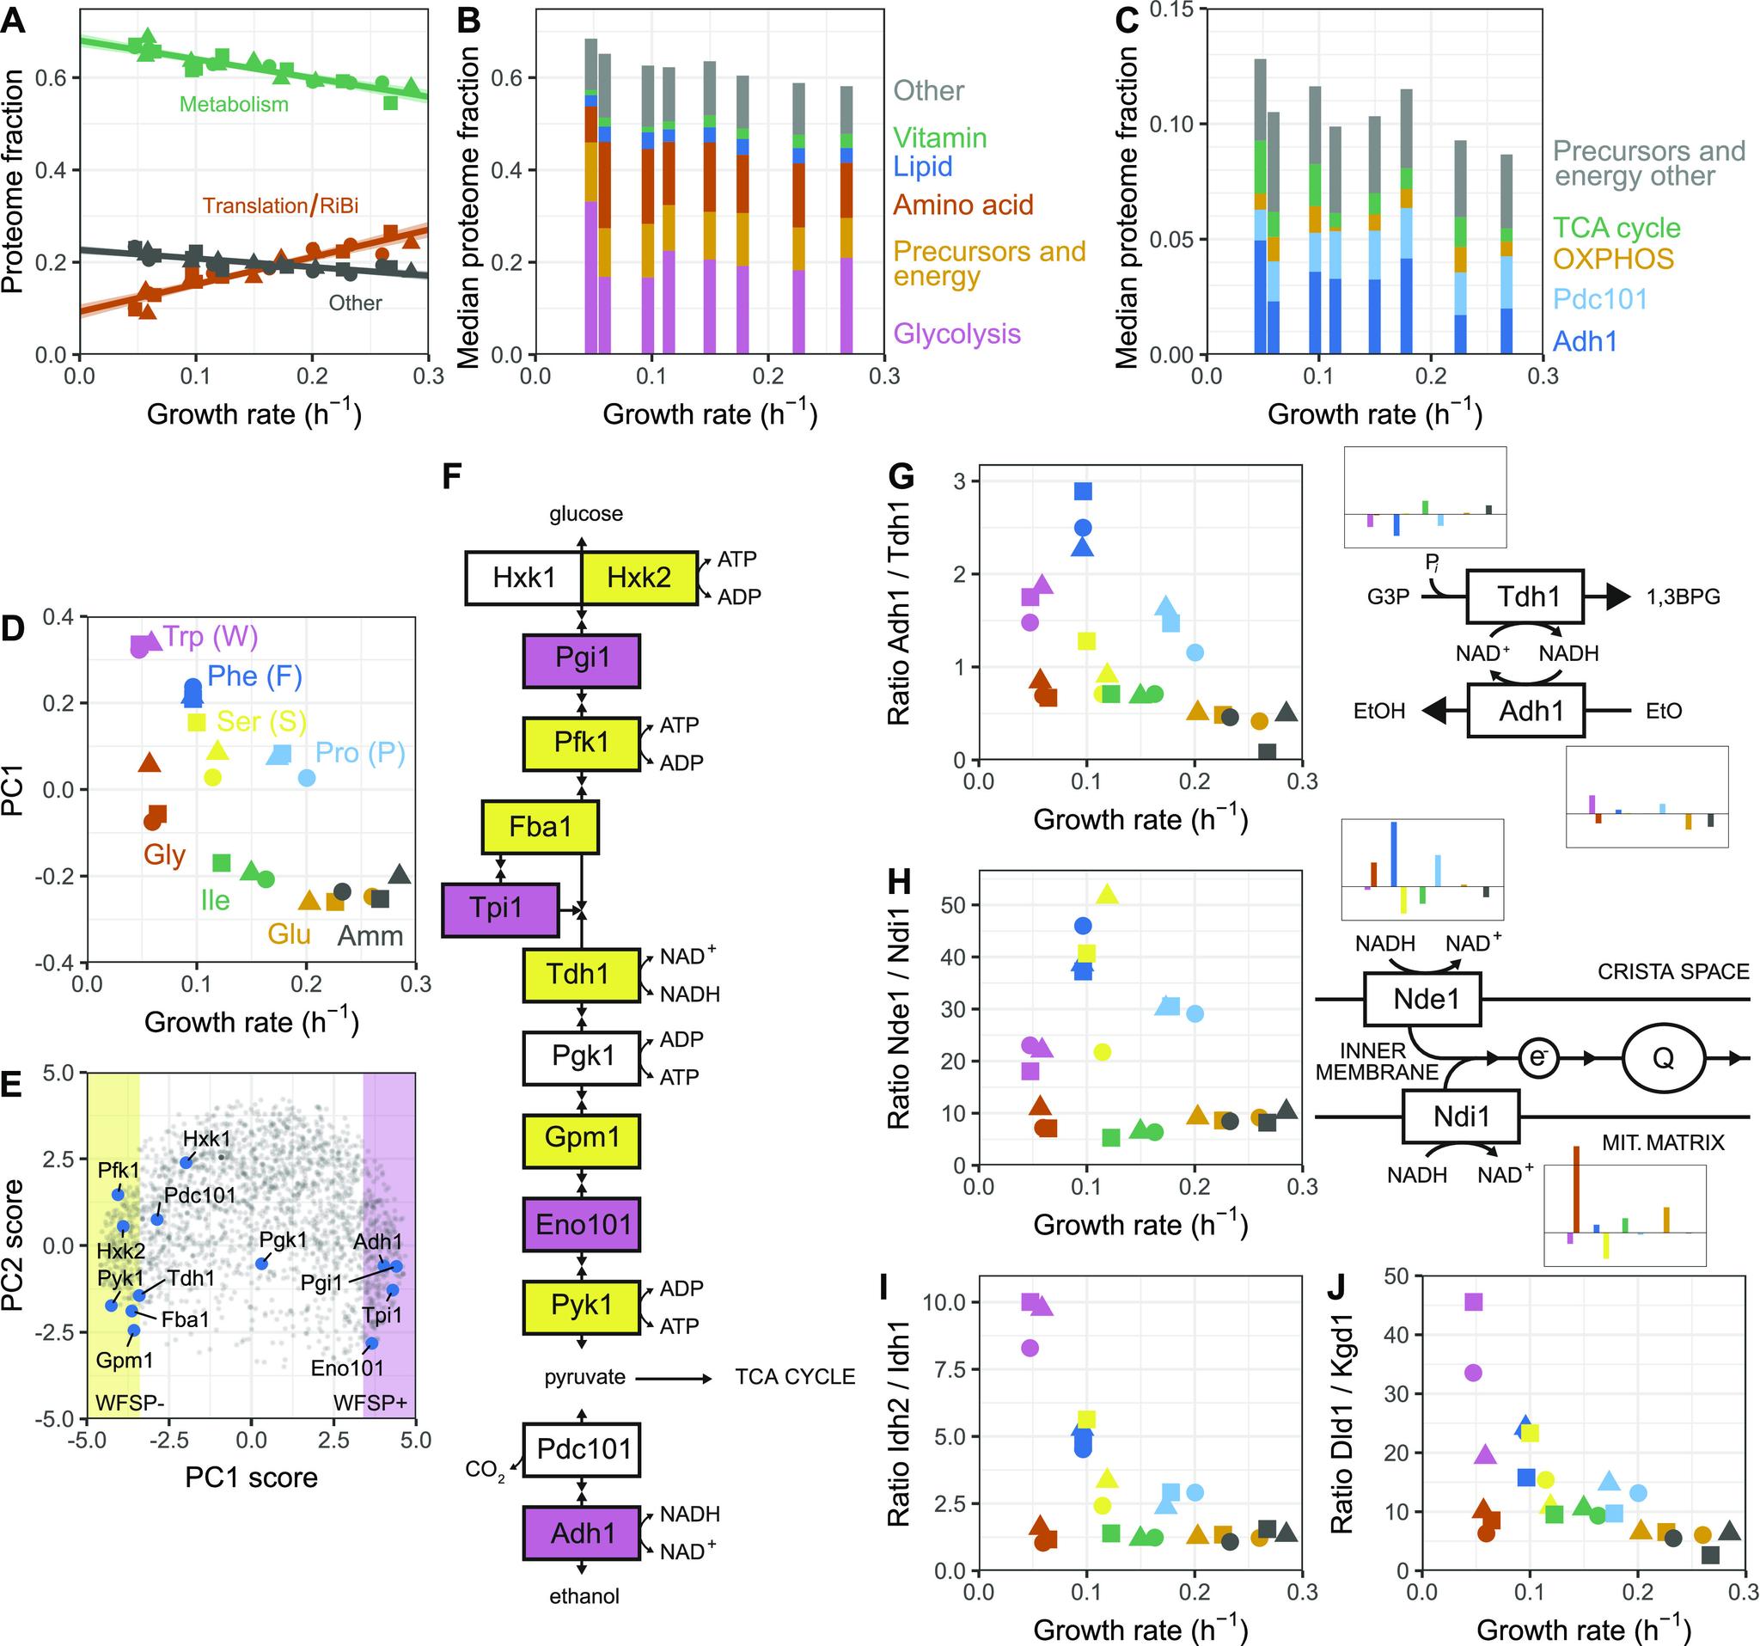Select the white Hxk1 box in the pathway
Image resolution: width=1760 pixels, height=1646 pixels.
(x=524, y=578)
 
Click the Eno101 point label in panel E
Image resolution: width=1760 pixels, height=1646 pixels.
(x=347, y=1368)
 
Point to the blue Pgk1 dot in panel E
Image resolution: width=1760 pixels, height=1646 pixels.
(x=261, y=1264)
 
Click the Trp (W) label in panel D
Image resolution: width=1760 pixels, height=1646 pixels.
(x=211, y=637)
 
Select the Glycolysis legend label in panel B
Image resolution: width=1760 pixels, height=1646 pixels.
(x=957, y=333)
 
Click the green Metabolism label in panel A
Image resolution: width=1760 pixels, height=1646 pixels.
(x=234, y=105)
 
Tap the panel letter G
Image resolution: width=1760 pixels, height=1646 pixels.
(x=901, y=479)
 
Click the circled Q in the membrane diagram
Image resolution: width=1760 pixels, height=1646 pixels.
(x=1663, y=1058)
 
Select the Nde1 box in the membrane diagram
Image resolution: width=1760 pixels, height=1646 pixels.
(x=1426, y=1000)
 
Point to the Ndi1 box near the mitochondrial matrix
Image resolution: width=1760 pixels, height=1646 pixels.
(x=1461, y=1117)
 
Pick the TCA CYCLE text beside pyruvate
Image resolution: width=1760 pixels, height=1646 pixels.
(x=795, y=1377)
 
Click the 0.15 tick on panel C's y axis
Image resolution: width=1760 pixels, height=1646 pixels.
(x=1170, y=10)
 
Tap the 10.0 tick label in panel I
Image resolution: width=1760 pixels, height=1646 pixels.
(x=944, y=1301)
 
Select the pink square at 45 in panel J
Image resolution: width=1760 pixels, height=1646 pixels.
(x=1472, y=1301)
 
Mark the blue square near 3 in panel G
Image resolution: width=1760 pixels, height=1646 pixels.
(x=1083, y=491)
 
